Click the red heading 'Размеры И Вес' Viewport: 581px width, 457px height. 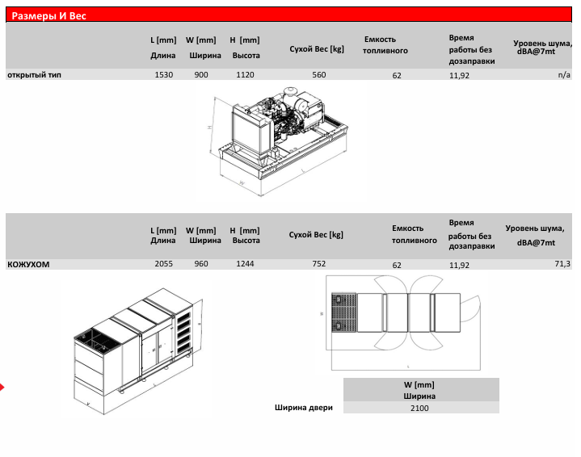pos(49,16)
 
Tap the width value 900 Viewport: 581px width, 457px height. pos(201,75)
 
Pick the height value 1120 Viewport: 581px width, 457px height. pos(245,75)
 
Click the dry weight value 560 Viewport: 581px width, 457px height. pos(319,75)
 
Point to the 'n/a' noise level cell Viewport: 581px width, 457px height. pos(564,75)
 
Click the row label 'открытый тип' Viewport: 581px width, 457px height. pos(34,75)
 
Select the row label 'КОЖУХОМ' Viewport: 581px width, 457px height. pos(28,264)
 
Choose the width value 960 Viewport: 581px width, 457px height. pos(201,264)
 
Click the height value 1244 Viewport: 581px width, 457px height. pos(245,264)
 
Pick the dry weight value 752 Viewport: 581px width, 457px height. pos(319,264)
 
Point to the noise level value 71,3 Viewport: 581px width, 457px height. pos(562,264)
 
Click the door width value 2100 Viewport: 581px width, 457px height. pos(419,408)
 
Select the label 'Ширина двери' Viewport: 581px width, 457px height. pos(303,407)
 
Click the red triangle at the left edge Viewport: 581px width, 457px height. pos(2,388)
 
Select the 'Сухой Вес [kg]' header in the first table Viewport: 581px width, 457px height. pos(317,48)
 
